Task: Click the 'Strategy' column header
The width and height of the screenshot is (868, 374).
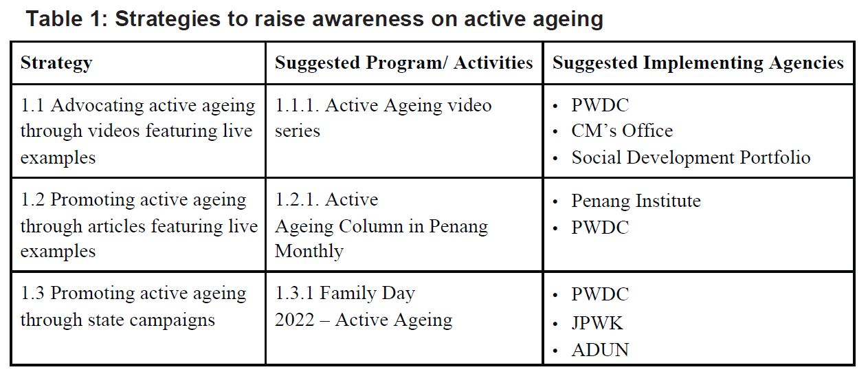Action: [56, 63]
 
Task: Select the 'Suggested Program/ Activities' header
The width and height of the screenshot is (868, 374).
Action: [404, 63]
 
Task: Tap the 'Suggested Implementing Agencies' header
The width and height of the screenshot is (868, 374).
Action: [698, 63]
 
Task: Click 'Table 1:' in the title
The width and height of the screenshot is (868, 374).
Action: [67, 19]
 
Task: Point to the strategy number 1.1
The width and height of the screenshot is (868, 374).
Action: [32, 105]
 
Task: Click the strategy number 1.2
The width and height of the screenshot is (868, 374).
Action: [32, 200]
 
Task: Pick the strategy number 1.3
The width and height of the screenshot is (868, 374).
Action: [32, 294]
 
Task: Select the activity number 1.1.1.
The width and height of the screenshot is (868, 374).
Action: [297, 105]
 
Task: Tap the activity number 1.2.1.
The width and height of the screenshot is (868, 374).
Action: [297, 200]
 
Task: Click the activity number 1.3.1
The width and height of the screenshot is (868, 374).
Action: [294, 294]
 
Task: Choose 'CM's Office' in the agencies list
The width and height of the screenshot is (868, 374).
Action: [622, 131]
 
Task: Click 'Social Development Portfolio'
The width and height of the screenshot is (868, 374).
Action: [691, 157]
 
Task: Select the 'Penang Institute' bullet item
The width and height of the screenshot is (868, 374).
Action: [636, 201]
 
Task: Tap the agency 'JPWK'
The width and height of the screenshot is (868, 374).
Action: [597, 323]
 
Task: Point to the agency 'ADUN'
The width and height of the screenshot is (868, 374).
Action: [600, 350]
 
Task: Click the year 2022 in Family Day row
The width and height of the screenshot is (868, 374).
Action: [295, 320]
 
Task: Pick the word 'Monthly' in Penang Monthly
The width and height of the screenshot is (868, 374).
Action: [309, 252]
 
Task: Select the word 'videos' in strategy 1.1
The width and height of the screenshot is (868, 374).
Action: [113, 131]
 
